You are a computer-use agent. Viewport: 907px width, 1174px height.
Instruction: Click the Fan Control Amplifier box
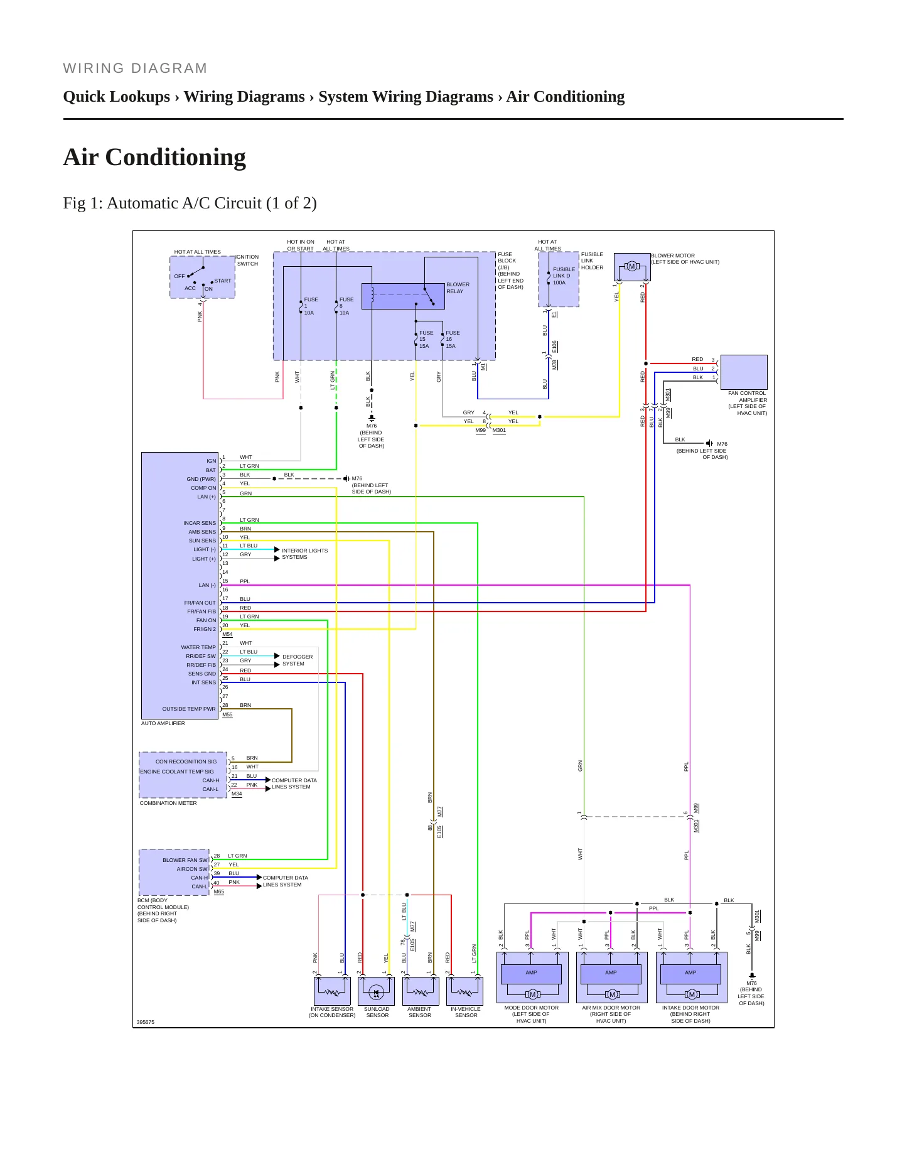744,372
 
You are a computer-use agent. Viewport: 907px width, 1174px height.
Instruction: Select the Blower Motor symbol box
632,267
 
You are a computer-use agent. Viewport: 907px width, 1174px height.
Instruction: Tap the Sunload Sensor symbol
376,991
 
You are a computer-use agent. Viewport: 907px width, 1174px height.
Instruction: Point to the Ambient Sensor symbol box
421,991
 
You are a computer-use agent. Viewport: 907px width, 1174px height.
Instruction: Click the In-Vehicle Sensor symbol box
465,991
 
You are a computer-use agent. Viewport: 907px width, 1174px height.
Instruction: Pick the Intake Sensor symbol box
331,991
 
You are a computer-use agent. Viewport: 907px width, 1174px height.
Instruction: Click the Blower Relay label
458,288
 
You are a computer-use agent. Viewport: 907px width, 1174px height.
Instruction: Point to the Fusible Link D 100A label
564,276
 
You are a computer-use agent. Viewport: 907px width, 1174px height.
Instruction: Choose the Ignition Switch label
247,260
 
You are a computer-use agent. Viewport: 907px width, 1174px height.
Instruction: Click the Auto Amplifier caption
163,723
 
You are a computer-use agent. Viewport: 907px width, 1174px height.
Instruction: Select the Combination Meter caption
168,803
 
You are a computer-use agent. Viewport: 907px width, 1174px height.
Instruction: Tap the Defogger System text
297,660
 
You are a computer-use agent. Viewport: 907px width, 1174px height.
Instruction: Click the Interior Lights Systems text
304,554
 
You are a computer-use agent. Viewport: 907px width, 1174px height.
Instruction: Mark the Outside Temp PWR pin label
189,709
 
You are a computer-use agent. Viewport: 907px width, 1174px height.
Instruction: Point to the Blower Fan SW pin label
185,860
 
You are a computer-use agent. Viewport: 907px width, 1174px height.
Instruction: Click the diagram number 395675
146,1022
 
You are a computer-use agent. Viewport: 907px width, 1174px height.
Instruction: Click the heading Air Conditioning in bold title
154,157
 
